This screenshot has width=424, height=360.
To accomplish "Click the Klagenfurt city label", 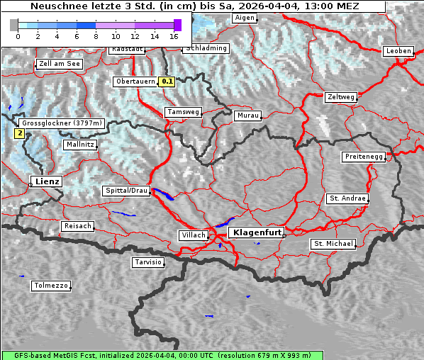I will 257,232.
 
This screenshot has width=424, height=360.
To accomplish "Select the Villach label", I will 193,235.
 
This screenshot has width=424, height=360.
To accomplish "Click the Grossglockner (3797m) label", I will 62,123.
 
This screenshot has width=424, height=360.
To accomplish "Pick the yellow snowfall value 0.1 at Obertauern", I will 167,81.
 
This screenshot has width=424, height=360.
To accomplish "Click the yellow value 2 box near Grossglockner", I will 19,133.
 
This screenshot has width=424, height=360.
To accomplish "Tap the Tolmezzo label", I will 51,286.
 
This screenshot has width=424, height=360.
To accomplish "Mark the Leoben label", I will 398,51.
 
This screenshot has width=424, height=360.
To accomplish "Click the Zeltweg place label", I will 340,97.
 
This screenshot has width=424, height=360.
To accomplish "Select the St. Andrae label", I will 347,198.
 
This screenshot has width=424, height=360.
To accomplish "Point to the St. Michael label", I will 333,244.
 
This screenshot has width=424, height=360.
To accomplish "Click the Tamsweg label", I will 184,112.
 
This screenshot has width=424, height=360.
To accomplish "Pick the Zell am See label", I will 59,64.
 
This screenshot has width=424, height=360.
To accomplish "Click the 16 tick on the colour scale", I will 174,35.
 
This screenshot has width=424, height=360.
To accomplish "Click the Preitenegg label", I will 364,156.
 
